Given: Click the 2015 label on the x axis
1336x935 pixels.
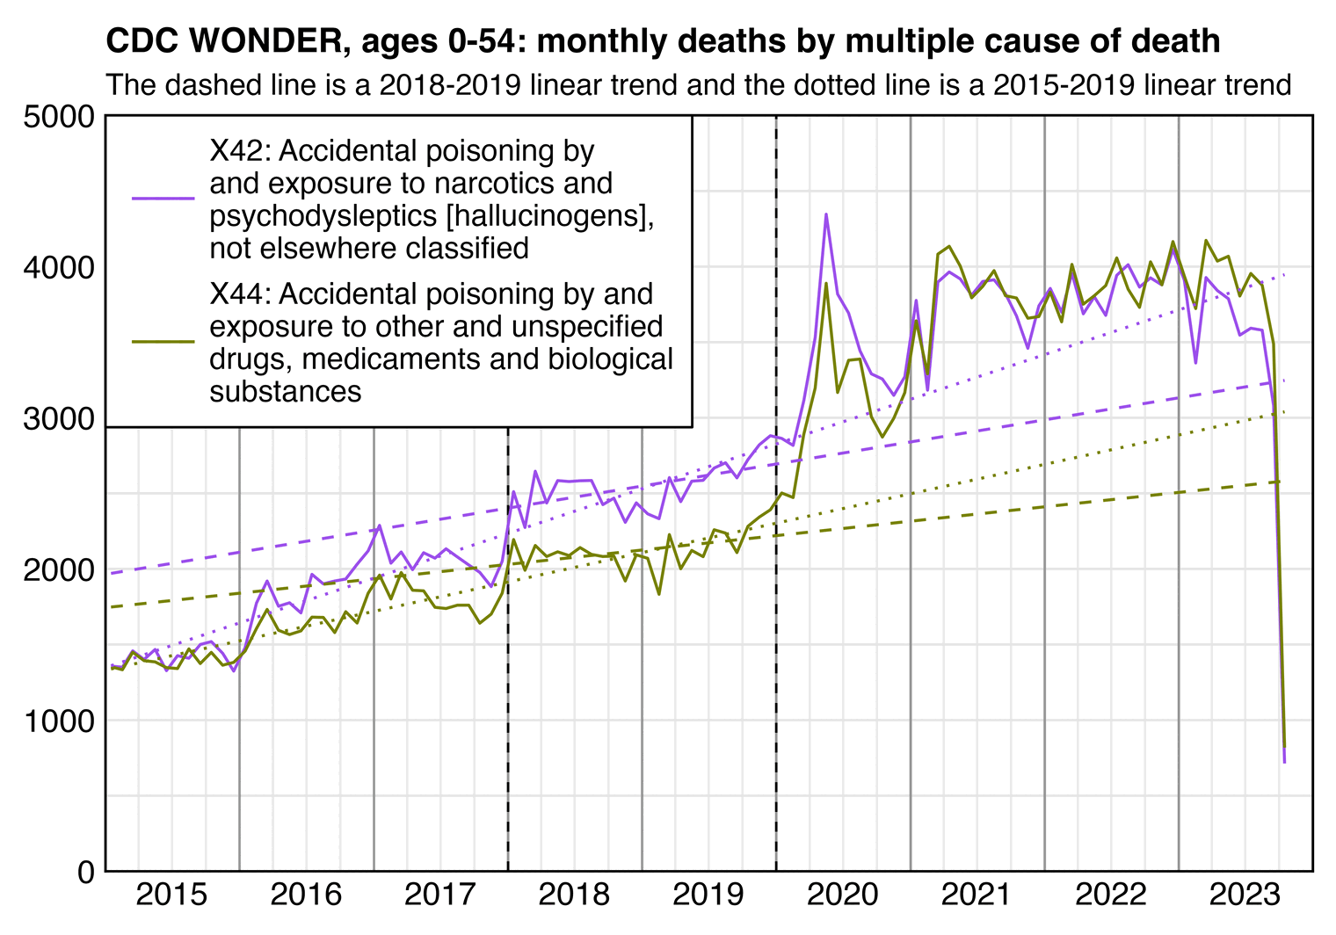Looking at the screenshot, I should (172, 895).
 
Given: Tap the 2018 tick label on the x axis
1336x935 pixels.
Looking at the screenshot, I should (574, 895).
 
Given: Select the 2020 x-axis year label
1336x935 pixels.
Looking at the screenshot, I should (843, 895).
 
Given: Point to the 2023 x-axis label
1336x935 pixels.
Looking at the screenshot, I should (1245, 895).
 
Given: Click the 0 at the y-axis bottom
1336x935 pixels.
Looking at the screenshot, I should (85, 873).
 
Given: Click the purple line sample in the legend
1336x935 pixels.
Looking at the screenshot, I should (163, 199).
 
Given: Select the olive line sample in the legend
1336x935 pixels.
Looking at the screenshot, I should (163, 341).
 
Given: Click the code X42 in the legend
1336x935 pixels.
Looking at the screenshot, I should (239, 151).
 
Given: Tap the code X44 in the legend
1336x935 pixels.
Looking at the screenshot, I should (239, 294).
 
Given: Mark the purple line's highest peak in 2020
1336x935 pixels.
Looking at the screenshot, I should (825, 214).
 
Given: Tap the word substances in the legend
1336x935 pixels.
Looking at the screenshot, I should (285, 391).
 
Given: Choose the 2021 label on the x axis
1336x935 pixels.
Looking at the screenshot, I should (977, 895).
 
